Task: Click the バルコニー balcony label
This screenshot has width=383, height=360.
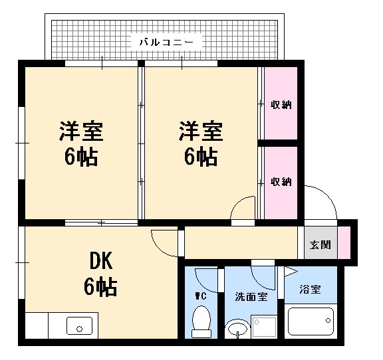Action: click(166, 42)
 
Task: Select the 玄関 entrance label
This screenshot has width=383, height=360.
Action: click(319, 244)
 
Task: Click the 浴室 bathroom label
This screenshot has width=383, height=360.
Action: click(310, 290)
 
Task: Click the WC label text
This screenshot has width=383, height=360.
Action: click(201, 296)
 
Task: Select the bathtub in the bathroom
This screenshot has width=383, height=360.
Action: click(311, 321)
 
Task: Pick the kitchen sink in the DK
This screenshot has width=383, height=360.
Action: click(80, 326)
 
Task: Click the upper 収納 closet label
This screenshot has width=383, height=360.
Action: click(281, 104)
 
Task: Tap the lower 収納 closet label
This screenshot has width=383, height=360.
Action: click(281, 181)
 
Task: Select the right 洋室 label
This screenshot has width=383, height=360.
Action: click(199, 143)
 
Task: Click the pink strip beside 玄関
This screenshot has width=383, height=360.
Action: click(344, 242)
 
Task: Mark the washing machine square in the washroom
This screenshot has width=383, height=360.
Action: click(265, 325)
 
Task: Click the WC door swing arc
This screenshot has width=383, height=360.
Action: click(207, 279)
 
